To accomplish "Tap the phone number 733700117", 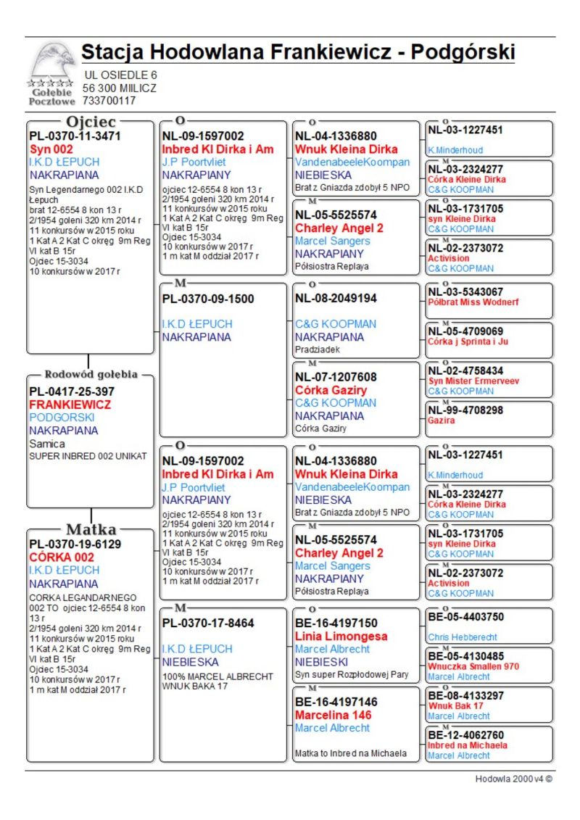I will click(x=109, y=101).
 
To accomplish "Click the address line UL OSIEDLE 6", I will click(x=120, y=75).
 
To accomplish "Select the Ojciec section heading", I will click(x=91, y=122).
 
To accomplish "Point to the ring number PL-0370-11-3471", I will click(x=75, y=136).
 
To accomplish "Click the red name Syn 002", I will click(x=51, y=149).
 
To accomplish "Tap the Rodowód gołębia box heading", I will click(x=91, y=375).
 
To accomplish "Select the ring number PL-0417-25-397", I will click(x=72, y=392).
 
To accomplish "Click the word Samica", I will click(x=47, y=444).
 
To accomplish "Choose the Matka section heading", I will click(x=91, y=529).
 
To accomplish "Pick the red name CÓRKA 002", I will click(x=62, y=557).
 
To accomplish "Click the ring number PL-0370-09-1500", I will click(x=208, y=298).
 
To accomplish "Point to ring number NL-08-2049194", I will click(x=336, y=298).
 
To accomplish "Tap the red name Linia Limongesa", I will click(x=341, y=636).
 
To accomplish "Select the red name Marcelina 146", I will click(x=333, y=715).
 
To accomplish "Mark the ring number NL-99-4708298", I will click(x=465, y=410).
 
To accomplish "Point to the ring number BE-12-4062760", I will click(x=465, y=735).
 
